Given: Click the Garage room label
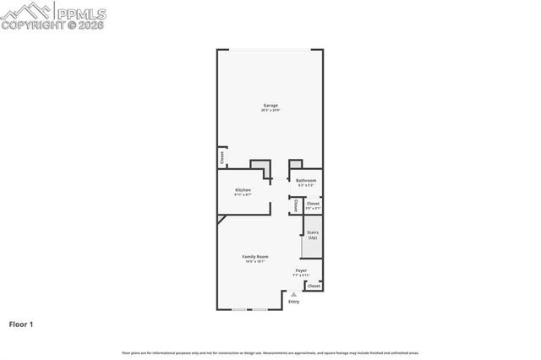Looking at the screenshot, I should click(270, 105).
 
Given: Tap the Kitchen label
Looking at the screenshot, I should click(243, 190).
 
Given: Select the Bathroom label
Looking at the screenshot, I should click(306, 180).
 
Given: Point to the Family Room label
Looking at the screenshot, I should click(255, 256).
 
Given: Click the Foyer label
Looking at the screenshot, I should click(301, 270).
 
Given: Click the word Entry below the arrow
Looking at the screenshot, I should click(293, 302).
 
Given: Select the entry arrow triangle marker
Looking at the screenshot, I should click(293, 294).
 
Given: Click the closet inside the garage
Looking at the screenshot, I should click(221, 157).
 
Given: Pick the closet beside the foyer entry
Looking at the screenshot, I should click(314, 286).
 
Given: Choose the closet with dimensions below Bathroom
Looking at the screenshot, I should click(313, 204).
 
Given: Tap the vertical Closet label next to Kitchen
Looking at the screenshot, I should click(294, 205).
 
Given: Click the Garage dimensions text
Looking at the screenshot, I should click(270, 111).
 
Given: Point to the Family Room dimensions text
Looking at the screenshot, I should click(255, 262).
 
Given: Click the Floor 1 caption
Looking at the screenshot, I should click(21, 324).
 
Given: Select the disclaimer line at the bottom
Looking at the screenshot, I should click(270, 352).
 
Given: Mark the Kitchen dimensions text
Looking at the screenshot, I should click(243, 195).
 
